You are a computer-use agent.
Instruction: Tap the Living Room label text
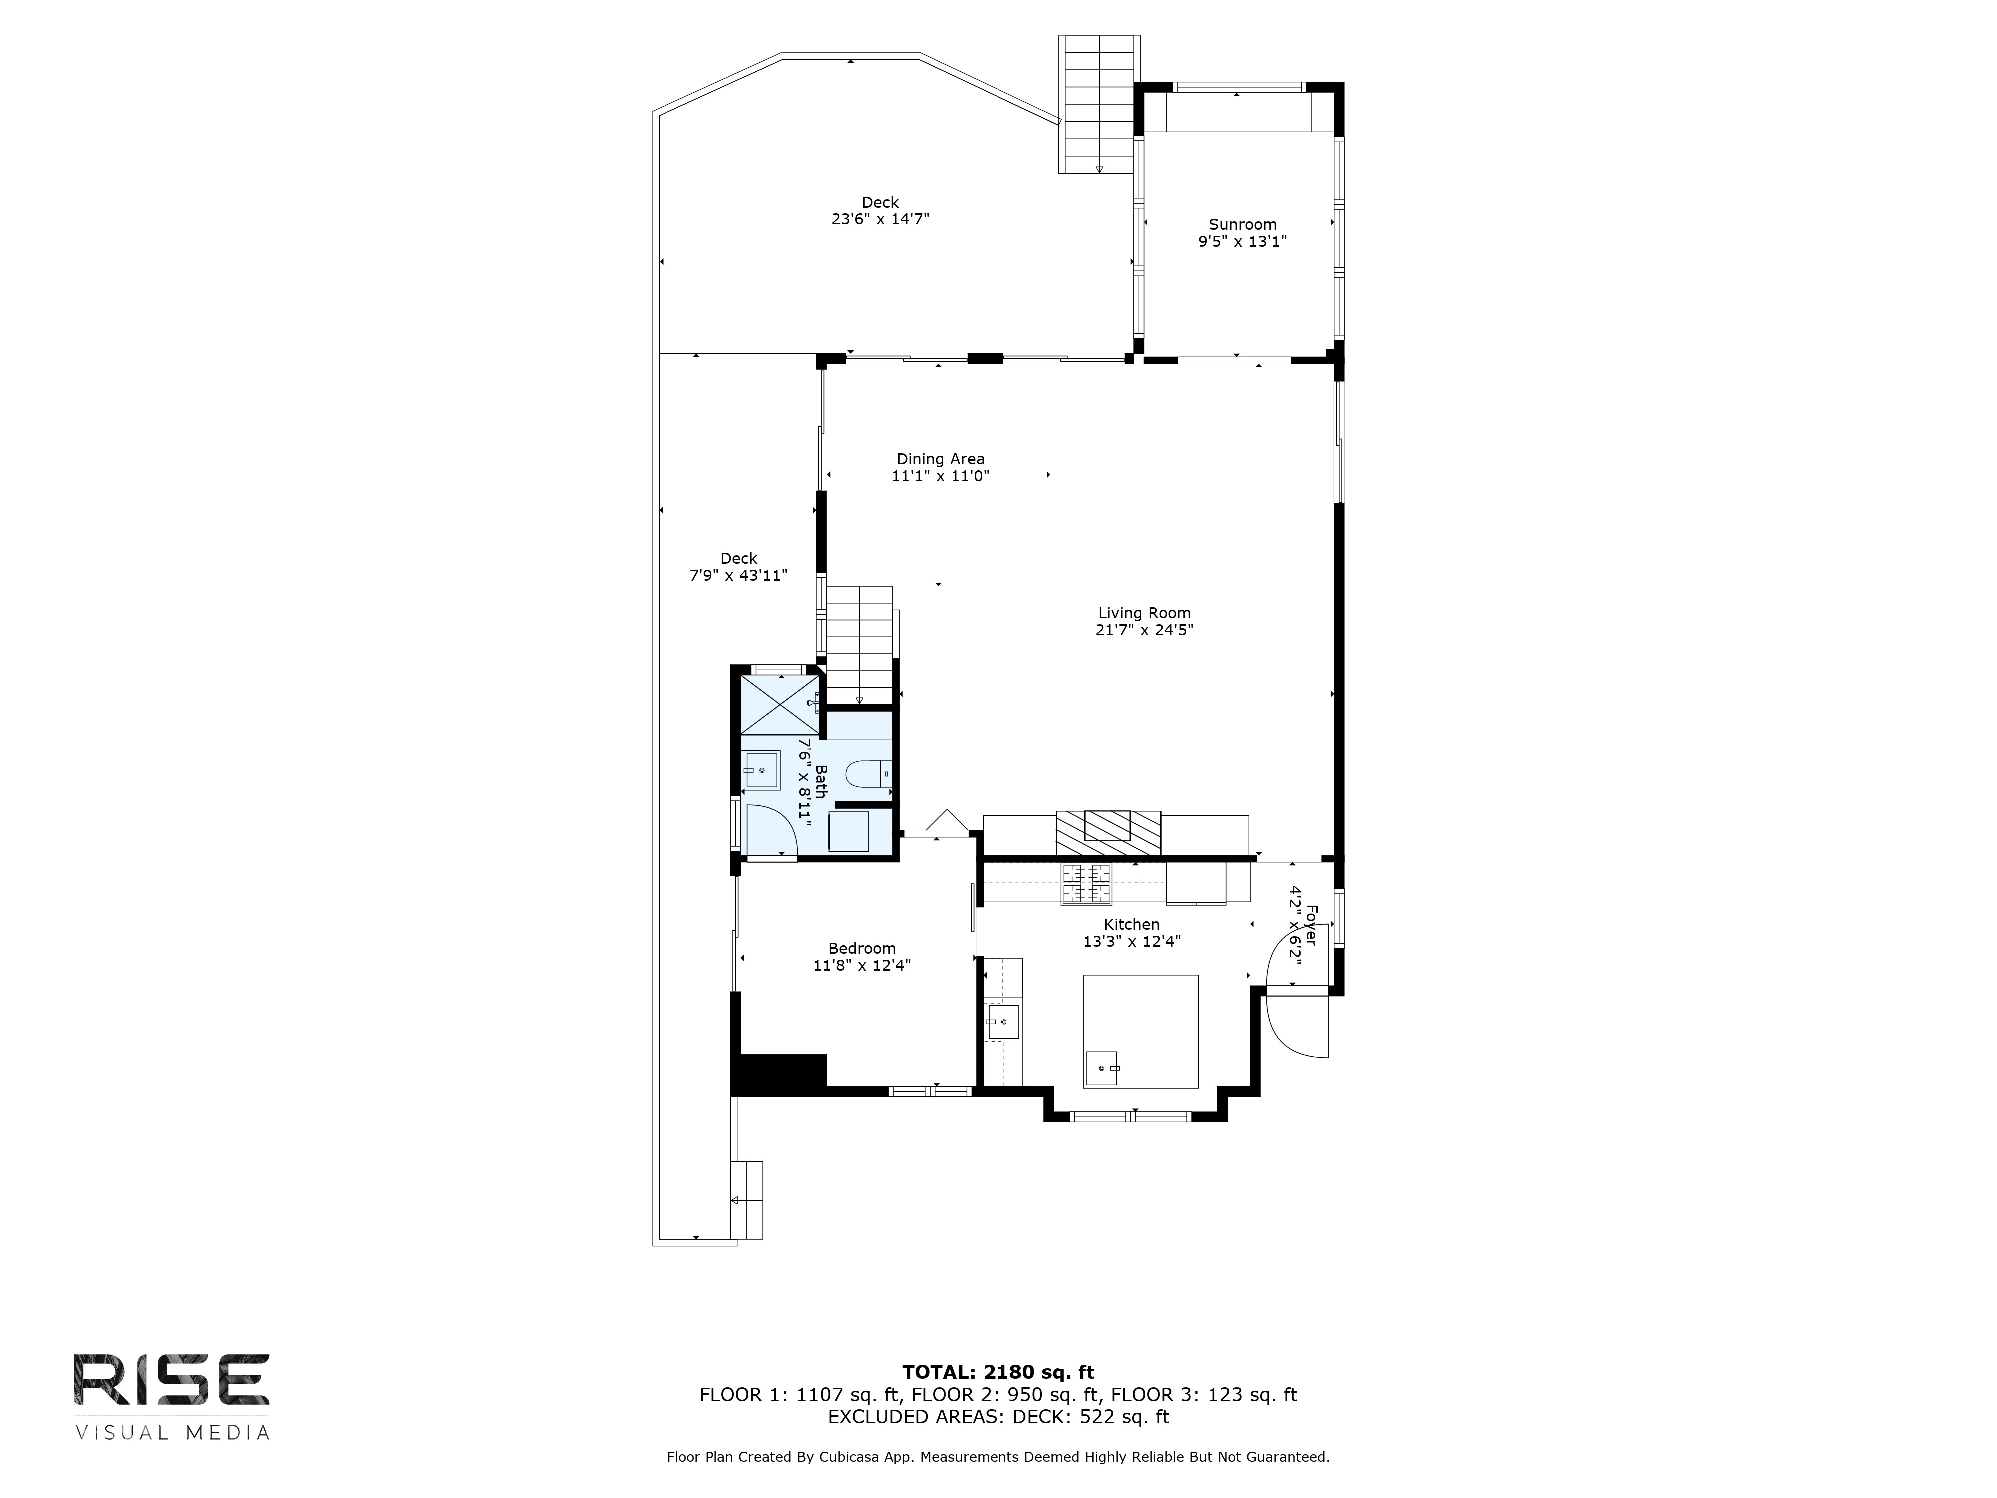click(x=1144, y=613)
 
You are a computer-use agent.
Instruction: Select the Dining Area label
click(x=940, y=459)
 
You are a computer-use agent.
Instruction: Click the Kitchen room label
click(x=1131, y=925)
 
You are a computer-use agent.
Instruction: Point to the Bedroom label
click(x=861, y=948)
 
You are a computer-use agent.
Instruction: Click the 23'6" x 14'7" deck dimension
click(x=880, y=219)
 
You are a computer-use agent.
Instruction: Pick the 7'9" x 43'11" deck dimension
click(x=738, y=575)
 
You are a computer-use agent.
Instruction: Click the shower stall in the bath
click(x=780, y=704)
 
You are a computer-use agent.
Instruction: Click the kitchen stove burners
click(x=1087, y=883)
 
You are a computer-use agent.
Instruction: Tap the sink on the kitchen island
click(x=1101, y=1068)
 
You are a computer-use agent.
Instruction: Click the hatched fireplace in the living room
click(x=1109, y=832)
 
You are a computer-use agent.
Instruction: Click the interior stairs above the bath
click(x=860, y=644)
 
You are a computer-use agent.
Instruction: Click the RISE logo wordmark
click(x=172, y=1379)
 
